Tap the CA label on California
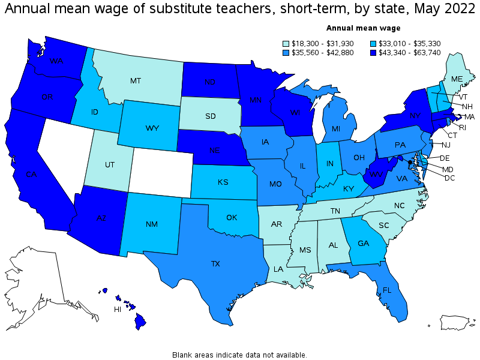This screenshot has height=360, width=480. [x=32, y=175]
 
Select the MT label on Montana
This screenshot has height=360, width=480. [x=136, y=80]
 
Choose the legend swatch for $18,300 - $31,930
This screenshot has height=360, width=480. [x=287, y=43]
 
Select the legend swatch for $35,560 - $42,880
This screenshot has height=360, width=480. [x=287, y=52]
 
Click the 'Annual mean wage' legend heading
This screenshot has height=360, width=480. [x=363, y=28]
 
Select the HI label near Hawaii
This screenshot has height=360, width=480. [x=119, y=310]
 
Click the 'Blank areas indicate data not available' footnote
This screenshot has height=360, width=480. [x=239, y=355]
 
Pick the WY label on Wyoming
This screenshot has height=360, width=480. [x=151, y=128]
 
